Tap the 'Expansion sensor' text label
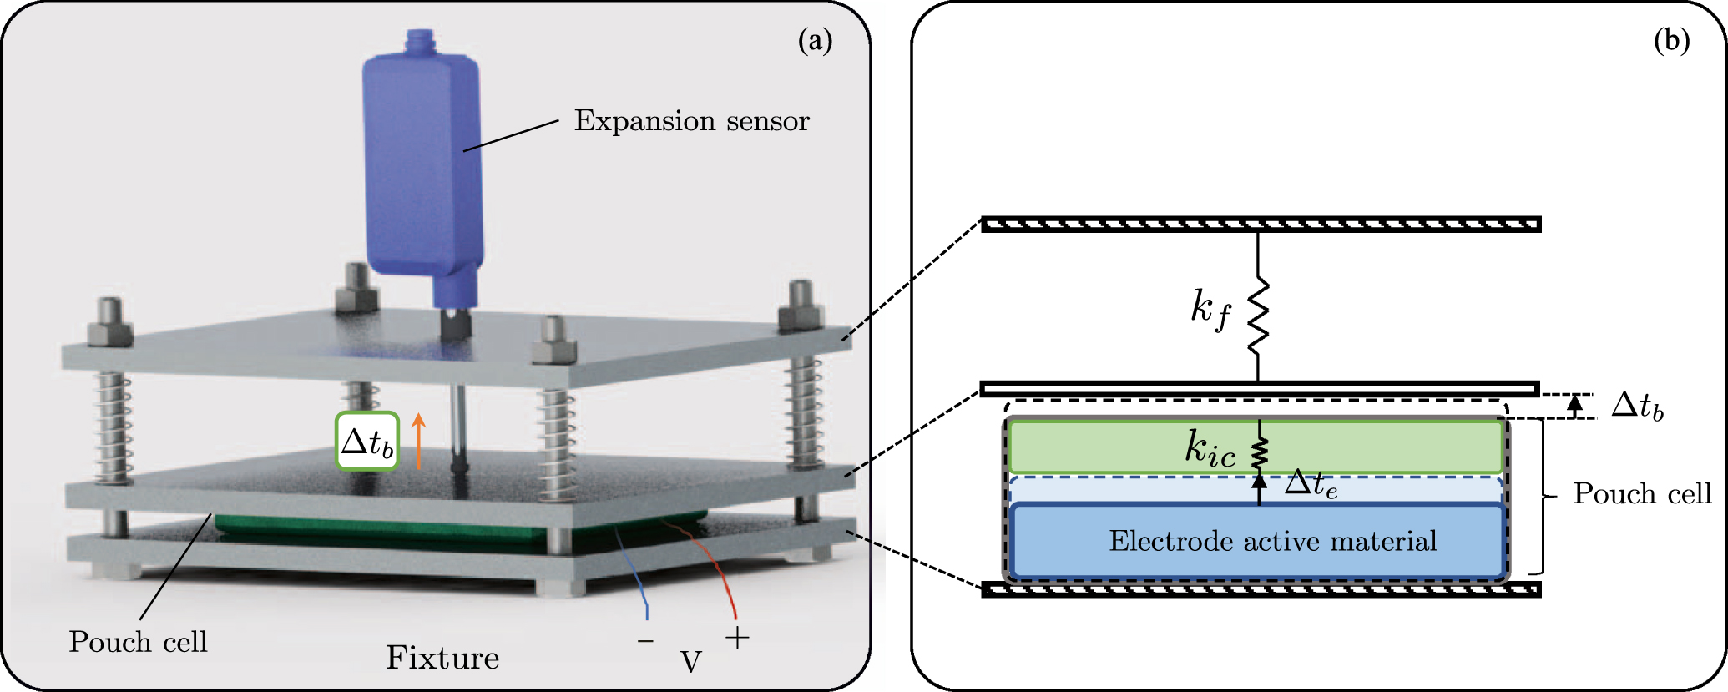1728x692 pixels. (x=691, y=122)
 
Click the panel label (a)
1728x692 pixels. (x=815, y=40)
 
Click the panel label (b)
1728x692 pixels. (x=1671, y=40)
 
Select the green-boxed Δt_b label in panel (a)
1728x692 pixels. (x=367, y=442)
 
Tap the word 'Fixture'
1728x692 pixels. (x=442, y=658)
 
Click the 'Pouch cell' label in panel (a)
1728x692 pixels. (x=138, y=642)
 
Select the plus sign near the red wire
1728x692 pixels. (x=737, y=639)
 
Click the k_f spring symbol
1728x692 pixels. (x=1258, y=317)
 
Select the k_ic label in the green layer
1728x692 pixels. (x=1210, y=449)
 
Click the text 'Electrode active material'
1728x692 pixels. (x=1273, y=542)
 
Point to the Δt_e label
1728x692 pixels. (x=1311, y=484)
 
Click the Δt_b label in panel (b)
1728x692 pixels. (x=1637, y=407)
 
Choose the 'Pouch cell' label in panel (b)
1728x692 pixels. (x=1642, y=494)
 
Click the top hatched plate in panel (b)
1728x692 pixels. (x=1261, y=224)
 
